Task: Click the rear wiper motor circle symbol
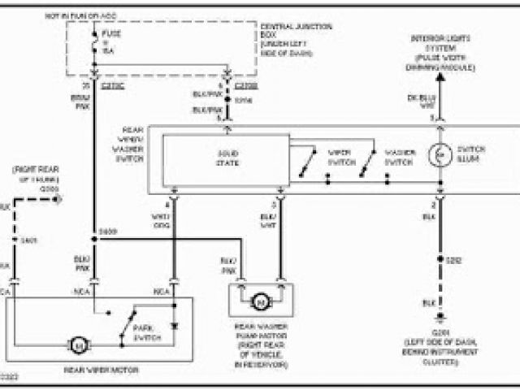click(x=80, y=346)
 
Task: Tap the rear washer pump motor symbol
click(x=261, y=302)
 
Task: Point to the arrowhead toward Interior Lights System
click(x=440, y=79)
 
